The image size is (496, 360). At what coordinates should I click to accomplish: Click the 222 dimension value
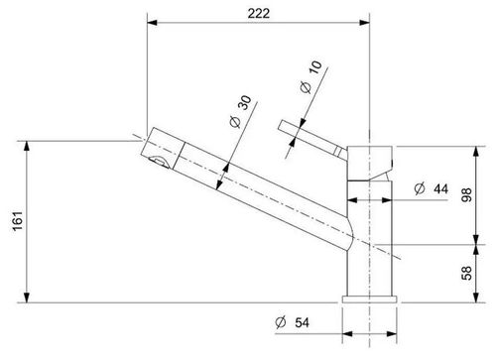click(x=259, y=13)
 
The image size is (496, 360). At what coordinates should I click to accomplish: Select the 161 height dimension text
click(x=18, y=221)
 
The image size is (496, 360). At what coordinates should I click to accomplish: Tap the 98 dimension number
click(x=466, y=194)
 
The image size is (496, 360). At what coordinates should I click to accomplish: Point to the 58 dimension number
click(x=466, y=273)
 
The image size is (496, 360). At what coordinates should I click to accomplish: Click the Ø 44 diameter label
click(x=432, y=188)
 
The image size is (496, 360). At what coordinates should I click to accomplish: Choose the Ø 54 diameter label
click(x=292, y=322)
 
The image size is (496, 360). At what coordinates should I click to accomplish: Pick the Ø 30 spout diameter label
click(x=241, y=111)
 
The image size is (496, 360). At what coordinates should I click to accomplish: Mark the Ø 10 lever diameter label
click(x=310, y=76)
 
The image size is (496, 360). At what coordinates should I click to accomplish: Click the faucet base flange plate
click(x=369, y=300)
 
